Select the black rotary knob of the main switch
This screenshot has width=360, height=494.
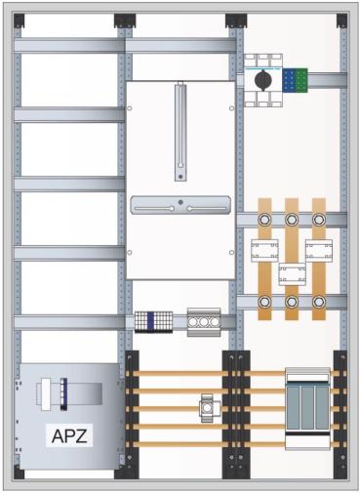(262, 77)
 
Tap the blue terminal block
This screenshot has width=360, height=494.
(290, 79)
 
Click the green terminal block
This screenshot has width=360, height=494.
(304, 79)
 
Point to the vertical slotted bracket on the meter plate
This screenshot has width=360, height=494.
(180, 133)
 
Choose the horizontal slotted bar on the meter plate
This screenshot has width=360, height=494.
(180, 206)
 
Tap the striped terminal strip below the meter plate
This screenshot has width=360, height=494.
(153, 321)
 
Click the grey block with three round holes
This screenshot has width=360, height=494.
(204, 321)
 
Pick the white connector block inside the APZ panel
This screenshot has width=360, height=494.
(54, 393)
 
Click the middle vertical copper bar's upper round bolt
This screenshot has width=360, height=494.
(292, 220)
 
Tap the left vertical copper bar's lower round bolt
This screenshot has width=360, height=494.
(264, 303)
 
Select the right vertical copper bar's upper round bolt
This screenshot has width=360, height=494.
(318, 220)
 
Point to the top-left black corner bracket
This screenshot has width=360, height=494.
(20, 20)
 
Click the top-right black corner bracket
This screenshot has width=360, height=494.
(340, 20)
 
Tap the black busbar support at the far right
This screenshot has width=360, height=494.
(340, 411)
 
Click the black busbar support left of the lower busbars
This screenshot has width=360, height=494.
(133, 411)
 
